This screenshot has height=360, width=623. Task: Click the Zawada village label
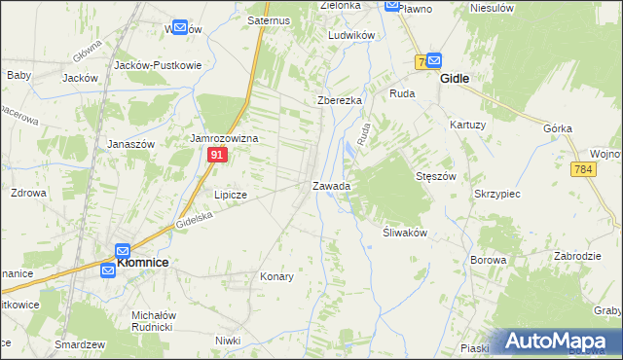point(331,185)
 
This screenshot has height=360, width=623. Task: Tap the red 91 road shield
point(218,155)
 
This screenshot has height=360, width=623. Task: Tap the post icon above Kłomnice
point(123,250)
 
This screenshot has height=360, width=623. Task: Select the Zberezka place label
point(340,101)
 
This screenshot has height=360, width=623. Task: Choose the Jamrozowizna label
point(223,139)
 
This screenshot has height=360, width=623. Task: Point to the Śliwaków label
point(399,233)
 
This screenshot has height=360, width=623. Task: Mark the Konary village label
point(276,276)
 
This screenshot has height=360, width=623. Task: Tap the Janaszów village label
point(131,143)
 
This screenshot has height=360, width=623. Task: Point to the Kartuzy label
point(467,125)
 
